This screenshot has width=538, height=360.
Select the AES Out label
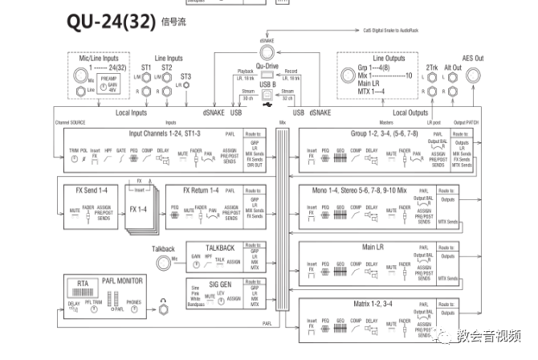click(x=472, y=59)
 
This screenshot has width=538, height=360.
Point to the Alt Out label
click(x=453, y=68)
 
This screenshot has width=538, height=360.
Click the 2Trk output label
click(x=432, y=68)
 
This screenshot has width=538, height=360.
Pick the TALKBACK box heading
click(x=220, y=247)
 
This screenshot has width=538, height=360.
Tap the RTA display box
click(x=82, y=284)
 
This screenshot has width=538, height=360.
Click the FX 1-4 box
click(x=139, y=209)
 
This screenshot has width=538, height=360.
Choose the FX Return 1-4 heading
click(x=201, y=190)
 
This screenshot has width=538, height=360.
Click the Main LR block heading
click(x=375, y=247)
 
